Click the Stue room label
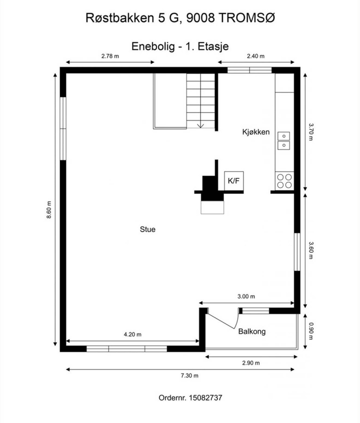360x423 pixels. (147, 229)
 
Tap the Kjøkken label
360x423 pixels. (256, 132)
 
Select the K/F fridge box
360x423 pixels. (234, 181)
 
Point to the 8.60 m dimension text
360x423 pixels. (49, 210)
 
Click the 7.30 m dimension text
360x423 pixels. (189, 376)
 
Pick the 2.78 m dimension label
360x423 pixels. (110, 56)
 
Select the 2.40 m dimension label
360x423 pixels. (256, 56)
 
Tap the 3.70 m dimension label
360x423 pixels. (311, 132)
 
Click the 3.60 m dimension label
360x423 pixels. (311, 251)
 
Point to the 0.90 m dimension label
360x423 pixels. (311, 331)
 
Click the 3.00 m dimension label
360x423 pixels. (246, 296)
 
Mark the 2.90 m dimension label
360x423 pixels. (251, 363)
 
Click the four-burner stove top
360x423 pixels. (284, 181)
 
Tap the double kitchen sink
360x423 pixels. (283, 141)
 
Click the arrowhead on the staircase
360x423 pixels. (200, 126)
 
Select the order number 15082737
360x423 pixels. (205, 398)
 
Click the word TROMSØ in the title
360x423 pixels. (247, 18)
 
